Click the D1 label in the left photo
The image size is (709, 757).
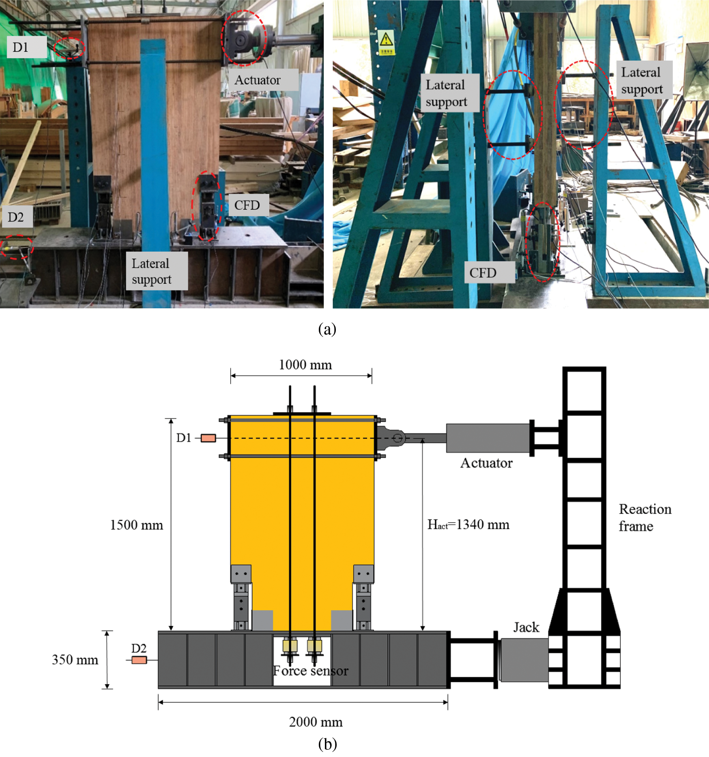click(x=20, y=47)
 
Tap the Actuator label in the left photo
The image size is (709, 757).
click(x=258, y=80)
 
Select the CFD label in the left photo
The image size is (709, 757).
click(x=247, y=205)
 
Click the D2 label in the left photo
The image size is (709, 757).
click(x=16, y=217)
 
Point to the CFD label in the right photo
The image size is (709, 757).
click(x=483, y=273)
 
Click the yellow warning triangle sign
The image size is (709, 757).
click(x=386, y=40)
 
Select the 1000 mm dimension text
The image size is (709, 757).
click(x=305, y=365)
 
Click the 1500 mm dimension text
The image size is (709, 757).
click(x=137, y=525)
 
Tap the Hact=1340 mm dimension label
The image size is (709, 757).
click(x=468, y=525)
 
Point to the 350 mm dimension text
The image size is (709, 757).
click(x=75, y=660)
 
